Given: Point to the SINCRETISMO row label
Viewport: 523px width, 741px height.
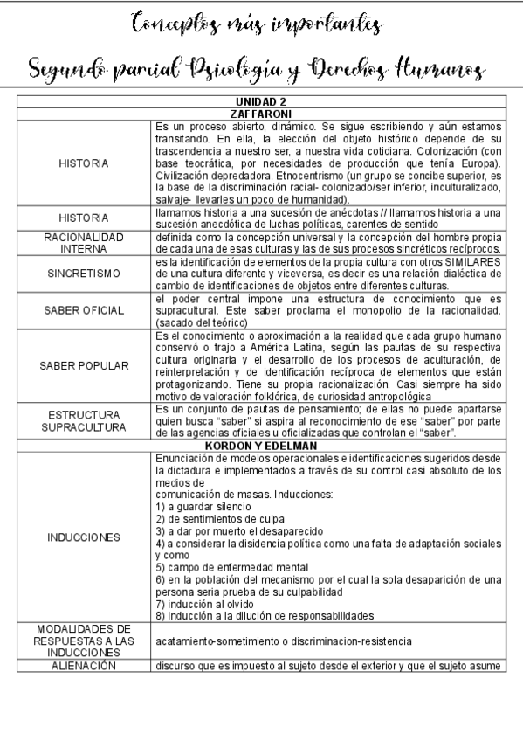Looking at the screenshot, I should (x=83, y=273).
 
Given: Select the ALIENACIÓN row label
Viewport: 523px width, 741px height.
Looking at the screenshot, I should (x=83, y=665).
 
